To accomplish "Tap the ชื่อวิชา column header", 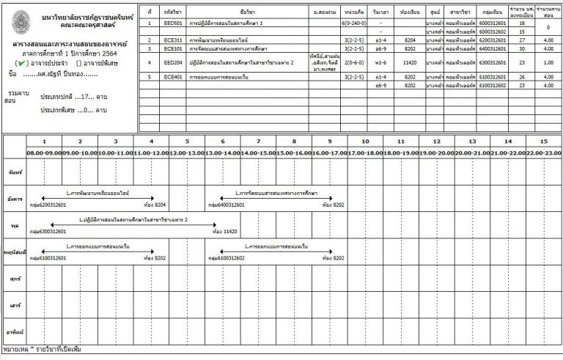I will tap(247, 12).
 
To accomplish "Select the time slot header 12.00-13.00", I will tap(187, 153).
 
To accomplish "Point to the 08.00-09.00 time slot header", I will tap(44, 153).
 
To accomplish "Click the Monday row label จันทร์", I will tap(13, 171).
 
